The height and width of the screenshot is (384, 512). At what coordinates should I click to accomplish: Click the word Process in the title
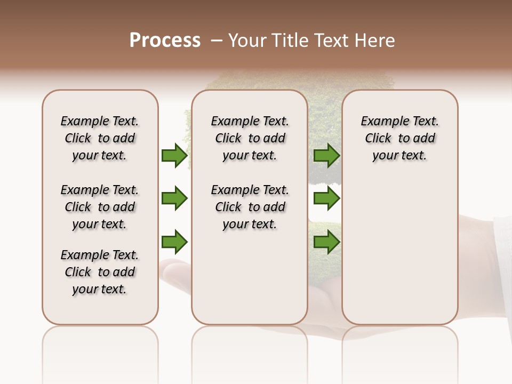tap(165, 41)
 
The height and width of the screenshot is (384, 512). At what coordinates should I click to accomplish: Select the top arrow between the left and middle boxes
tap(174, 155)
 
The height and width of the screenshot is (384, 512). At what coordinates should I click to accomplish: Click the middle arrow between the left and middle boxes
tap(174, 198)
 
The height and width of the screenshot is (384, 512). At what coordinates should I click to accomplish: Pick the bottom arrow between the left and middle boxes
tap(174, 242)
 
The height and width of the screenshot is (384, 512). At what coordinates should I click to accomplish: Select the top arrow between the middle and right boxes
tap(326, 155)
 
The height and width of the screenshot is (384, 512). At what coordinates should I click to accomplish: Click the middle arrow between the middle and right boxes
tap(326, 198)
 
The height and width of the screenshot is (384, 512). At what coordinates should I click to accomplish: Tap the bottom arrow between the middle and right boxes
tap(326, 242)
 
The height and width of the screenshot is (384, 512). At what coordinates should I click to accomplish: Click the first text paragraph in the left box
tap(100, 138)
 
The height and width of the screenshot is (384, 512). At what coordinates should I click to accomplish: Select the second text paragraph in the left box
tap(100, 207)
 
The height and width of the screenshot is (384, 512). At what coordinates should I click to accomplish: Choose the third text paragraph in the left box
tap(100, 272)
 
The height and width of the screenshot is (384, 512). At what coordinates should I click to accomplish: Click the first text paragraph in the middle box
tap(250, 138)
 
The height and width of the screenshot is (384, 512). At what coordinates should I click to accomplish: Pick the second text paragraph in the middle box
tap(250, 207)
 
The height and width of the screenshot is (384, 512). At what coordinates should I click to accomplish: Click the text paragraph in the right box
tap(400, 138)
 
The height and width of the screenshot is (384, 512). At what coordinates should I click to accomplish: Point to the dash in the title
tap(217, 41)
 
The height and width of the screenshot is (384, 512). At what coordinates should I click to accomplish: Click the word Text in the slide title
tap(331, 41)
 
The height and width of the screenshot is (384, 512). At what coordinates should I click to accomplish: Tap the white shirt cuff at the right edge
tap(503, 256)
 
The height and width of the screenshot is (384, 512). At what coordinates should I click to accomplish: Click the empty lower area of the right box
tap(400, 256)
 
